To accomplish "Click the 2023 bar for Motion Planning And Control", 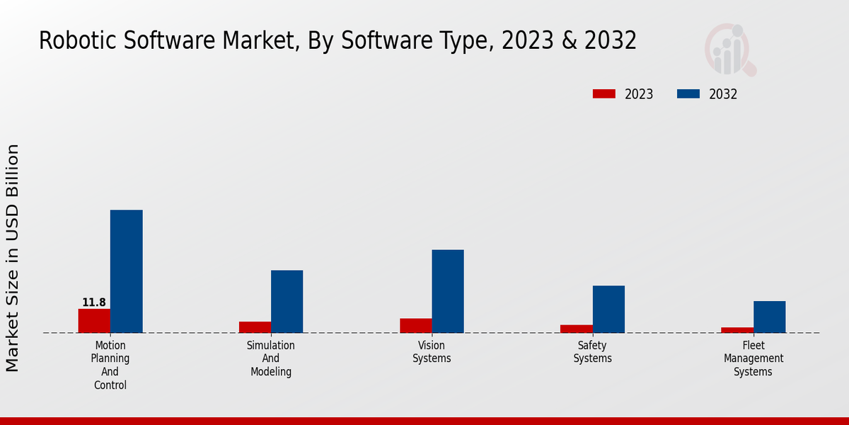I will point(94,321).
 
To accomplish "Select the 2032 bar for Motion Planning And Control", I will point(127,271).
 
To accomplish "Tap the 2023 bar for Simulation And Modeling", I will point(255,327).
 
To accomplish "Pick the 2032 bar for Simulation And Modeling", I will point(287,302).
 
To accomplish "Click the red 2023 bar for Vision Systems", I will point(415,326).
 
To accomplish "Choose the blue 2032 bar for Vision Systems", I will point(448,291).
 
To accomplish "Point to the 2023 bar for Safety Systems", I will point(576,329).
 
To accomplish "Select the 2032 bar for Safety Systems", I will point(608,310).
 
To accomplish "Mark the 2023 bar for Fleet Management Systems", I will point(737,330).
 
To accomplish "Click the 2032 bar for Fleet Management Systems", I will point(769,317).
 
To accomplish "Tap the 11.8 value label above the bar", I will point(94,302).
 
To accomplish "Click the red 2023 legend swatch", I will point(603,94).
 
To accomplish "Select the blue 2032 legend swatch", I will point(688,94).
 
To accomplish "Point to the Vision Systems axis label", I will point(432,352).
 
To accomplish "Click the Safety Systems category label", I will point(592,352).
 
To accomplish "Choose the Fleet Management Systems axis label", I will point(753,358).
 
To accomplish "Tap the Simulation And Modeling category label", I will point(271,358).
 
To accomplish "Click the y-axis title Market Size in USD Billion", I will point(13,258).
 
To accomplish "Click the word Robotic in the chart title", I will point(78,41).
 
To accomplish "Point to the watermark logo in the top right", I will point(730,50).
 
